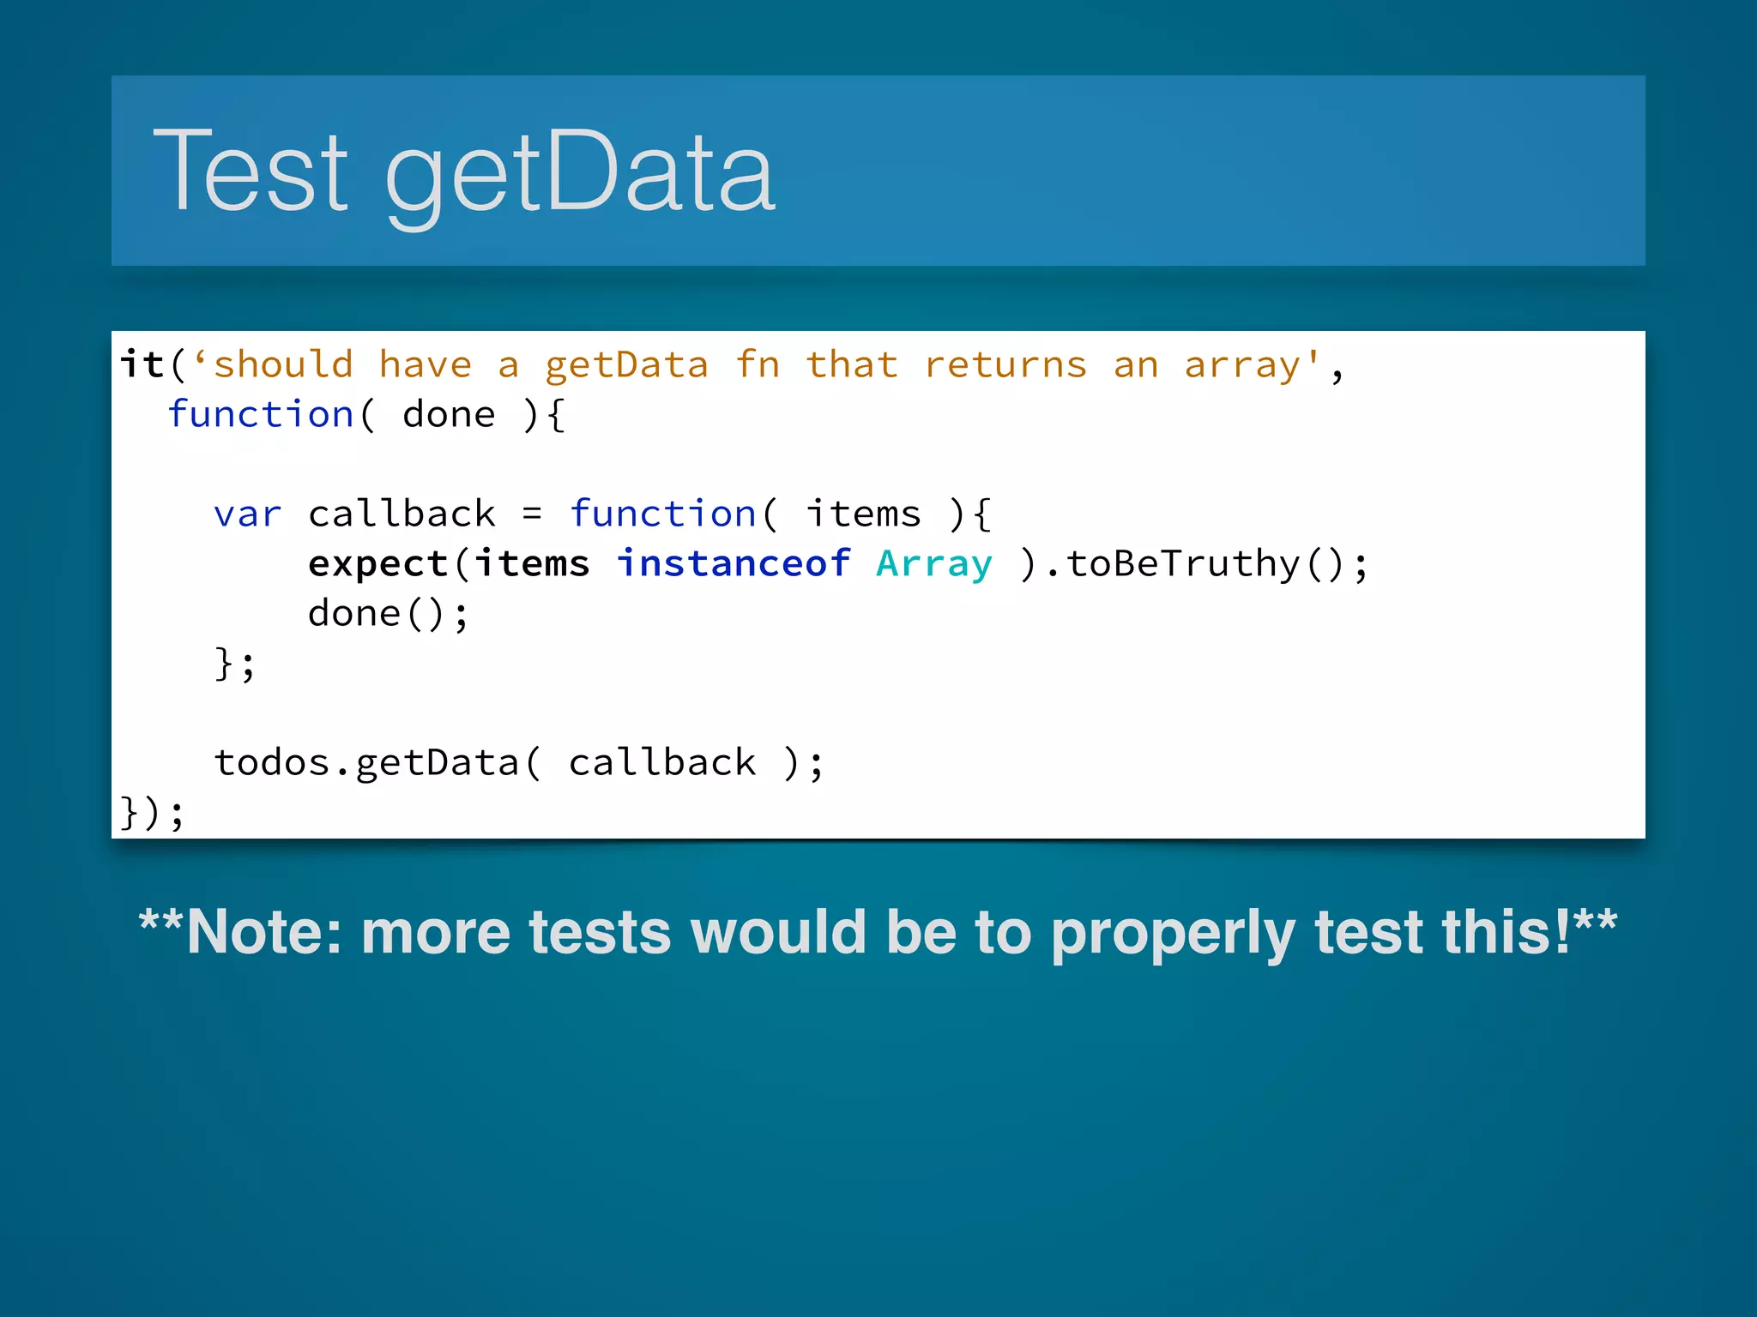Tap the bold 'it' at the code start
click(142, 364)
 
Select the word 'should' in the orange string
click(283, 365)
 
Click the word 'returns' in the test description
click(1005, 365)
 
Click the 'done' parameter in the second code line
click(449, 415)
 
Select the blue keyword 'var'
click(247, 514)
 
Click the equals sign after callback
click(532, 514)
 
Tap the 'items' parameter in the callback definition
click(863, 514)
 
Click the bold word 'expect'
click(378, 564)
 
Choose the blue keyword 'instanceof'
click(734, 563)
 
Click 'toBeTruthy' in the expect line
click(1184, 564)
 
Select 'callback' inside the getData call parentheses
click(662, 763)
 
